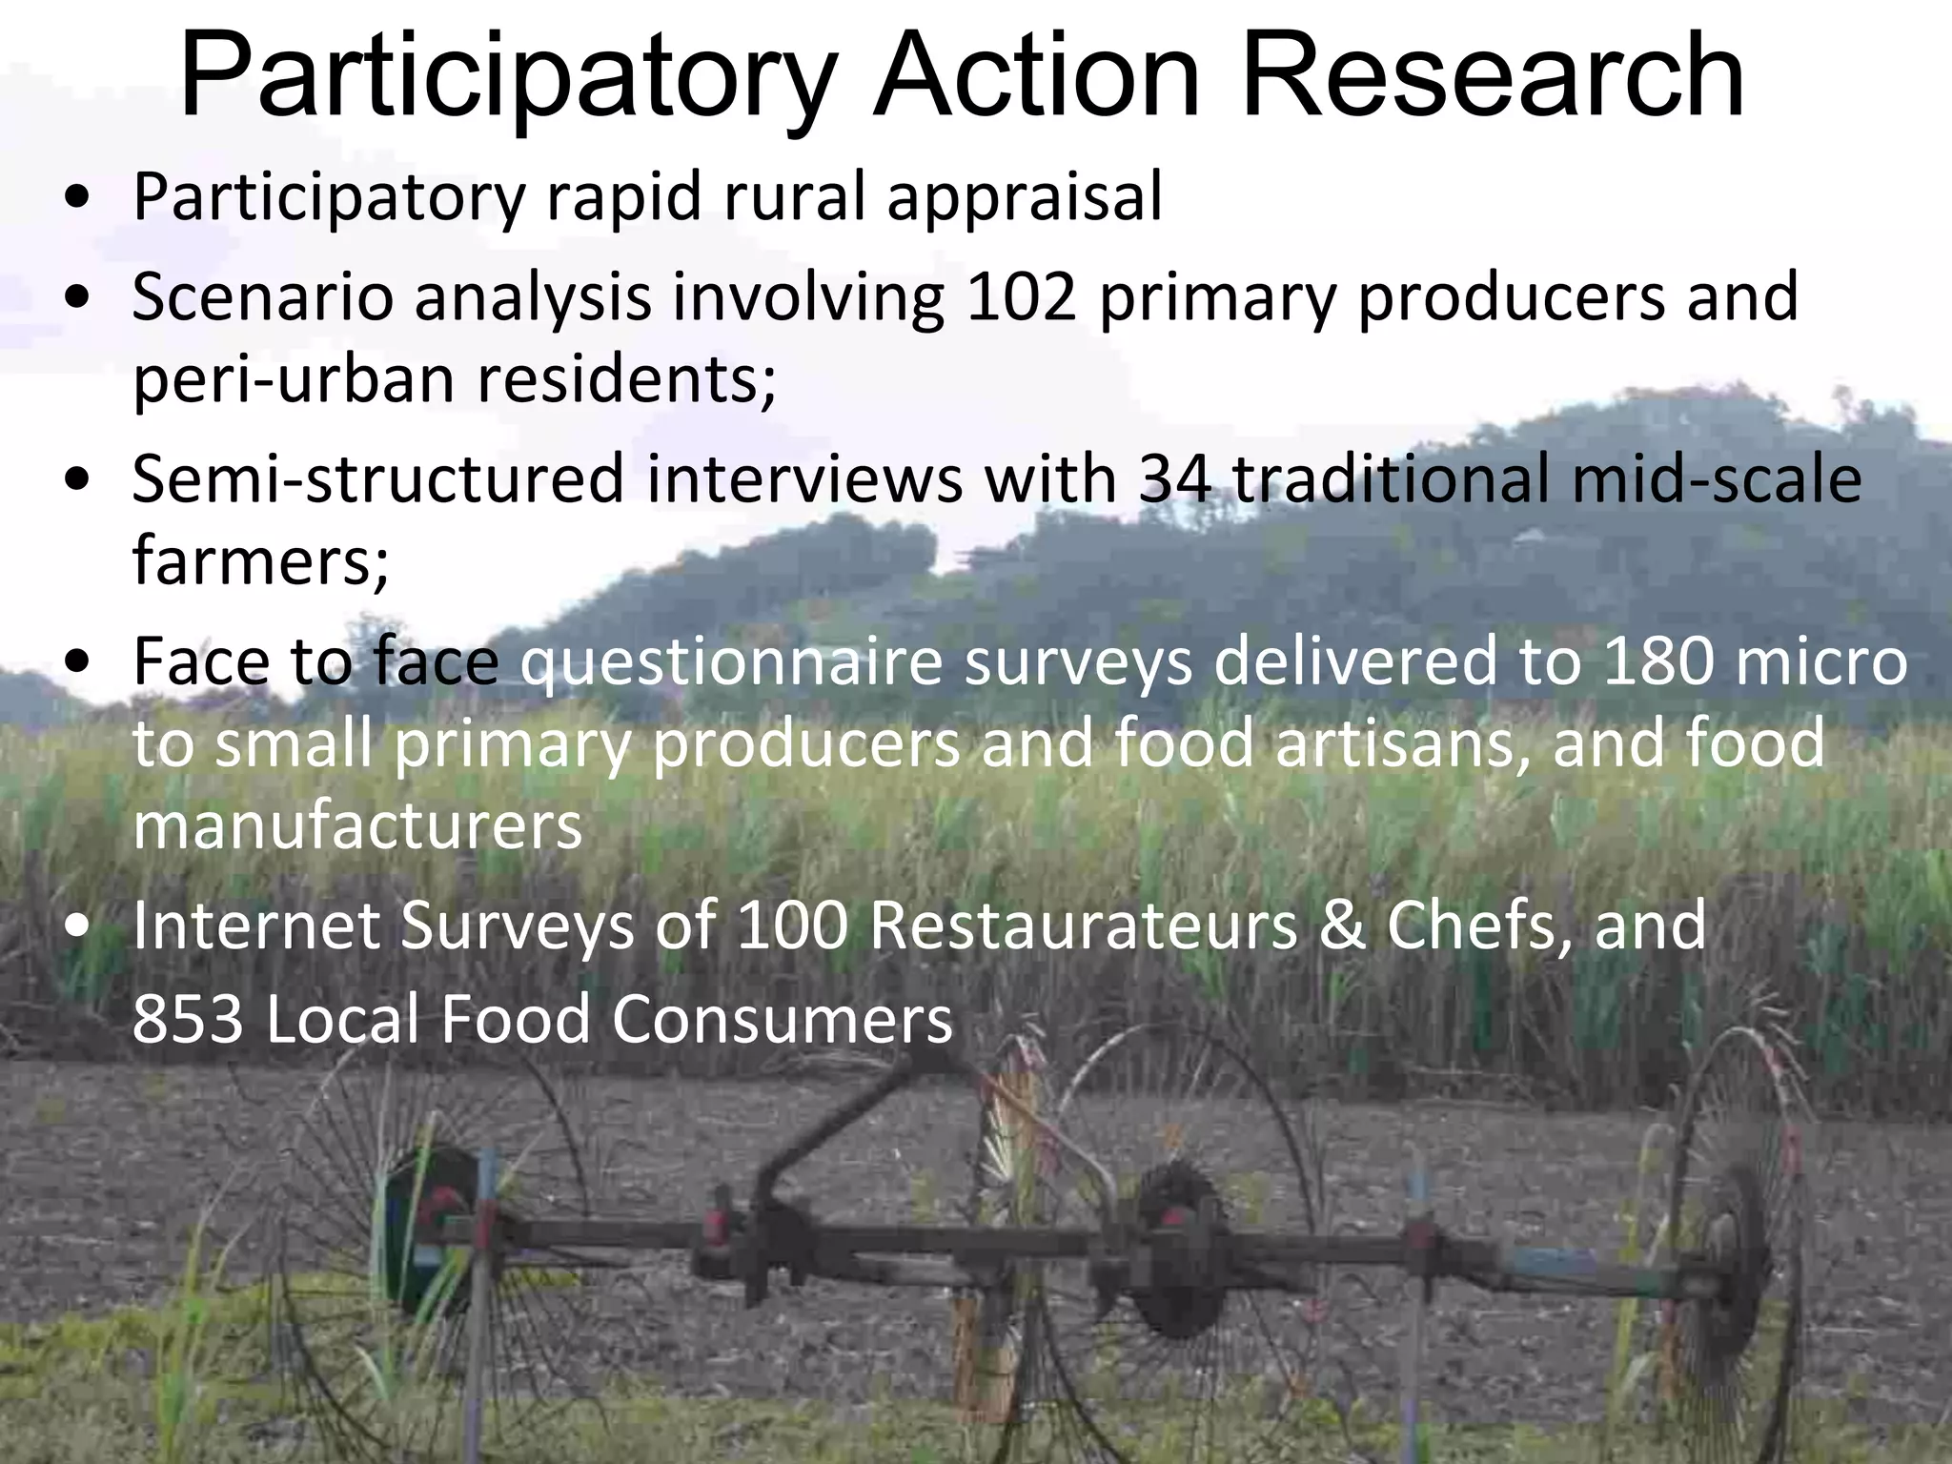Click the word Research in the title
tap(1493, 76)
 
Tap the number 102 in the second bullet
tap(1021, 296)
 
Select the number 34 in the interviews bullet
tap(1174, 478)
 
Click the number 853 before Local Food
tap(188, 1019)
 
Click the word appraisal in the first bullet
tap(1025, 197)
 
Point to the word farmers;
tap(260, 561)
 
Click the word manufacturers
tap(356, 826)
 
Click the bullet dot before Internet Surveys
tap(80, 926)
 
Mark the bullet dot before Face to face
tap(80, 663)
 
